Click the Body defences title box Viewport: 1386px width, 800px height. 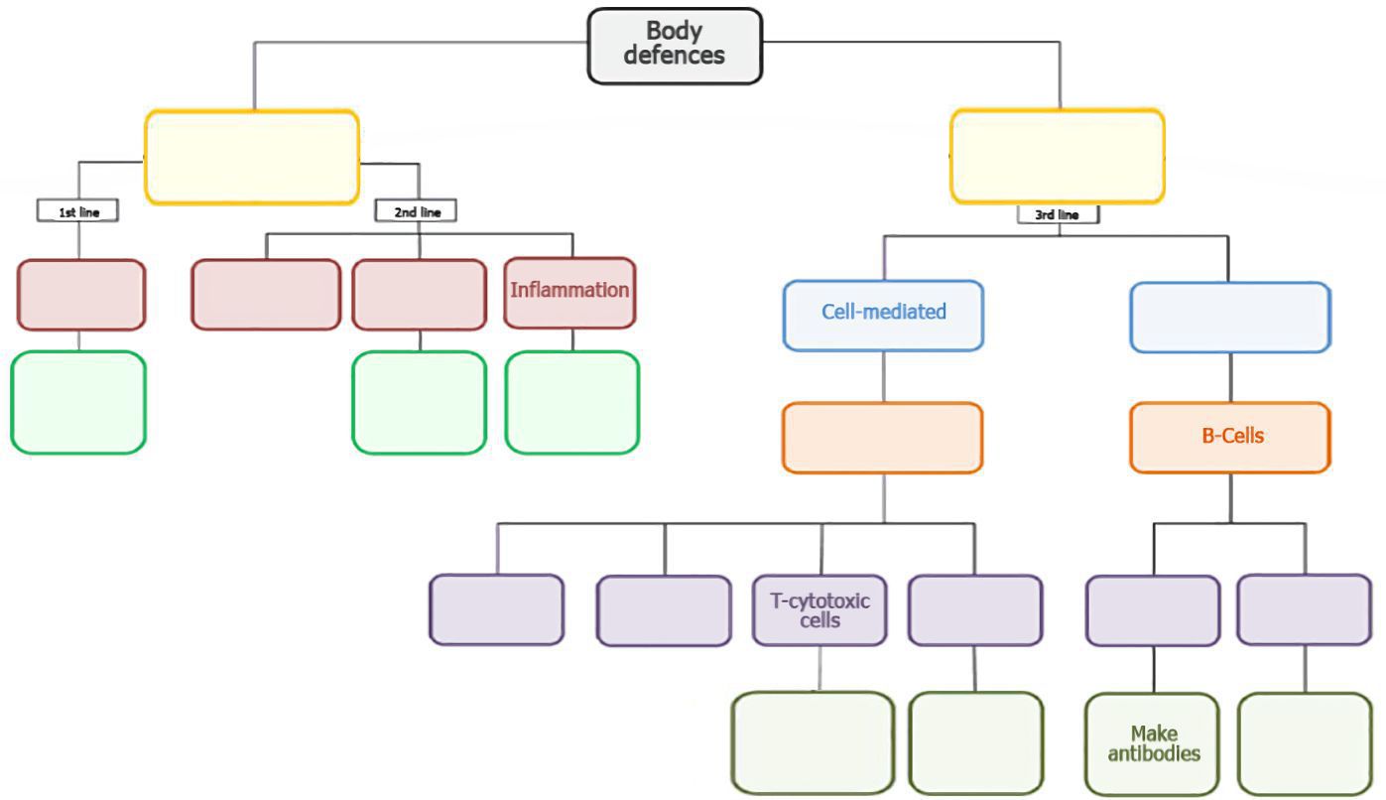[675, 46]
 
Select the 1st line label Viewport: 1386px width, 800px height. [77, 211]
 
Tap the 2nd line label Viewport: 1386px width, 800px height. [417, 211]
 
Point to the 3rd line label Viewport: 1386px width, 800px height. [1058, 214]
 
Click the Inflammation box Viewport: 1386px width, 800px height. [569, 292]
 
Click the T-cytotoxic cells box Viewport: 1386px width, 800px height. [819, 609]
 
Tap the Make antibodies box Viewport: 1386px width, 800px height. [1153, 743]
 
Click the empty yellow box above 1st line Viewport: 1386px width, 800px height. [252, 157]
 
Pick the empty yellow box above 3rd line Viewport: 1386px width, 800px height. [1058, 156]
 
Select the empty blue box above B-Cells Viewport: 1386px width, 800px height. [1230, 317]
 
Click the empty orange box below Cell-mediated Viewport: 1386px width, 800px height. [883, 437]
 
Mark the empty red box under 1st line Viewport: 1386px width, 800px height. [81, 295]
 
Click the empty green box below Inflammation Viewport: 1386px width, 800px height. [571, 402]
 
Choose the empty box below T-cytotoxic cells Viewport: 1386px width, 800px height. [814, 742]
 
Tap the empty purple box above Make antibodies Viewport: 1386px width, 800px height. [1153, 609]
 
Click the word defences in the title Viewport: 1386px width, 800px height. [675, 56]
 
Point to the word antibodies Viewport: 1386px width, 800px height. [1153, 753]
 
